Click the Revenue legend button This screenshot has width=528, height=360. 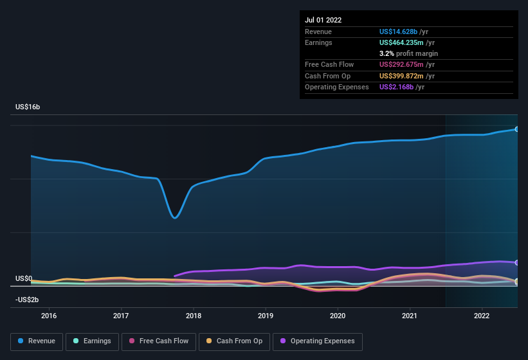point(37,341)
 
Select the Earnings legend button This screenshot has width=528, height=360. point(91,341)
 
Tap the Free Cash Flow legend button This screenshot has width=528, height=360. point(158,341)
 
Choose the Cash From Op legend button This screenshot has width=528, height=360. point(233,341)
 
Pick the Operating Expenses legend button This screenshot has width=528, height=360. point(318,341)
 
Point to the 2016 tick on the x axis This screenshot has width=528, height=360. point(49,316)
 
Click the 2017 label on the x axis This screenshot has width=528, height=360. point(121,316)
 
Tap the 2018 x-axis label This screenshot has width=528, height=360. point(194,316)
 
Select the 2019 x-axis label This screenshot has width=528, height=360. point(266,316)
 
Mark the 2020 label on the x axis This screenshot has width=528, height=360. point(338,316)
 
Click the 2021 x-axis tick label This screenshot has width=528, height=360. point(410,316)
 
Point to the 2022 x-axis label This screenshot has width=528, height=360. point(482,316)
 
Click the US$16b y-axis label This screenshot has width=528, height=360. point(28,107)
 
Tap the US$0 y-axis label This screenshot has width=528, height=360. point(24,278)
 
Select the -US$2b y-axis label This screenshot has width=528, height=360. point(27,300)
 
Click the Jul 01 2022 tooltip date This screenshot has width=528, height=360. point(323,20)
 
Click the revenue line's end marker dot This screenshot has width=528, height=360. point(516,129)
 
